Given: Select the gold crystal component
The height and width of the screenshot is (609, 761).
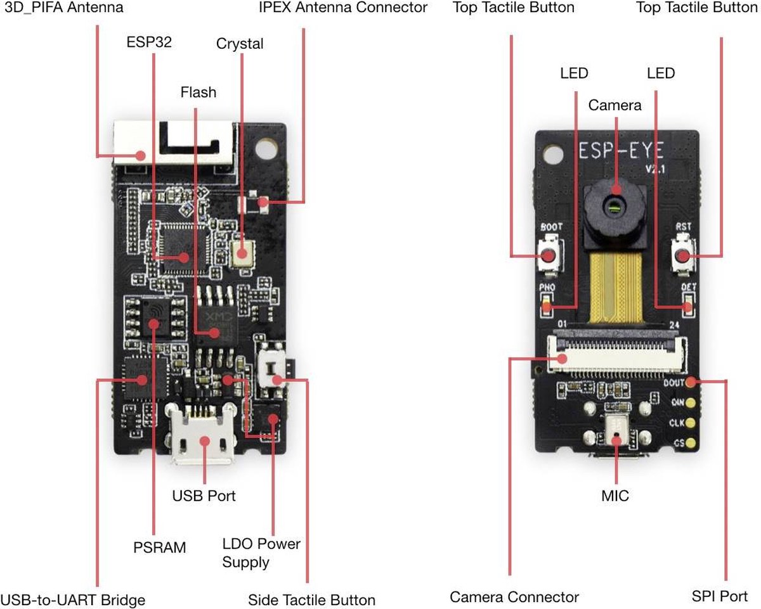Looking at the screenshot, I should tap(241, 253).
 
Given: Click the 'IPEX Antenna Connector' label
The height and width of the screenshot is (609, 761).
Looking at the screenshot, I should tap(343, 8).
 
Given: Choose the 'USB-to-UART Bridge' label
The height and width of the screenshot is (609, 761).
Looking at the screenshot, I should tap(73, 599).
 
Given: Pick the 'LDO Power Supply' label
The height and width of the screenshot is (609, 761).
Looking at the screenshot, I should tap(261, 553).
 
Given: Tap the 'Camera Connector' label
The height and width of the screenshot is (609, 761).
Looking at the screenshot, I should tap(514, 596).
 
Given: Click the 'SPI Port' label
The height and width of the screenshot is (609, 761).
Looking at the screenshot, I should tap(720, 596).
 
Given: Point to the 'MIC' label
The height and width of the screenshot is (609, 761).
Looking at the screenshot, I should tap(615, 496).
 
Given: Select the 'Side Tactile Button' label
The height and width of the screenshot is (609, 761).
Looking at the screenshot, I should tap(311, 599).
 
